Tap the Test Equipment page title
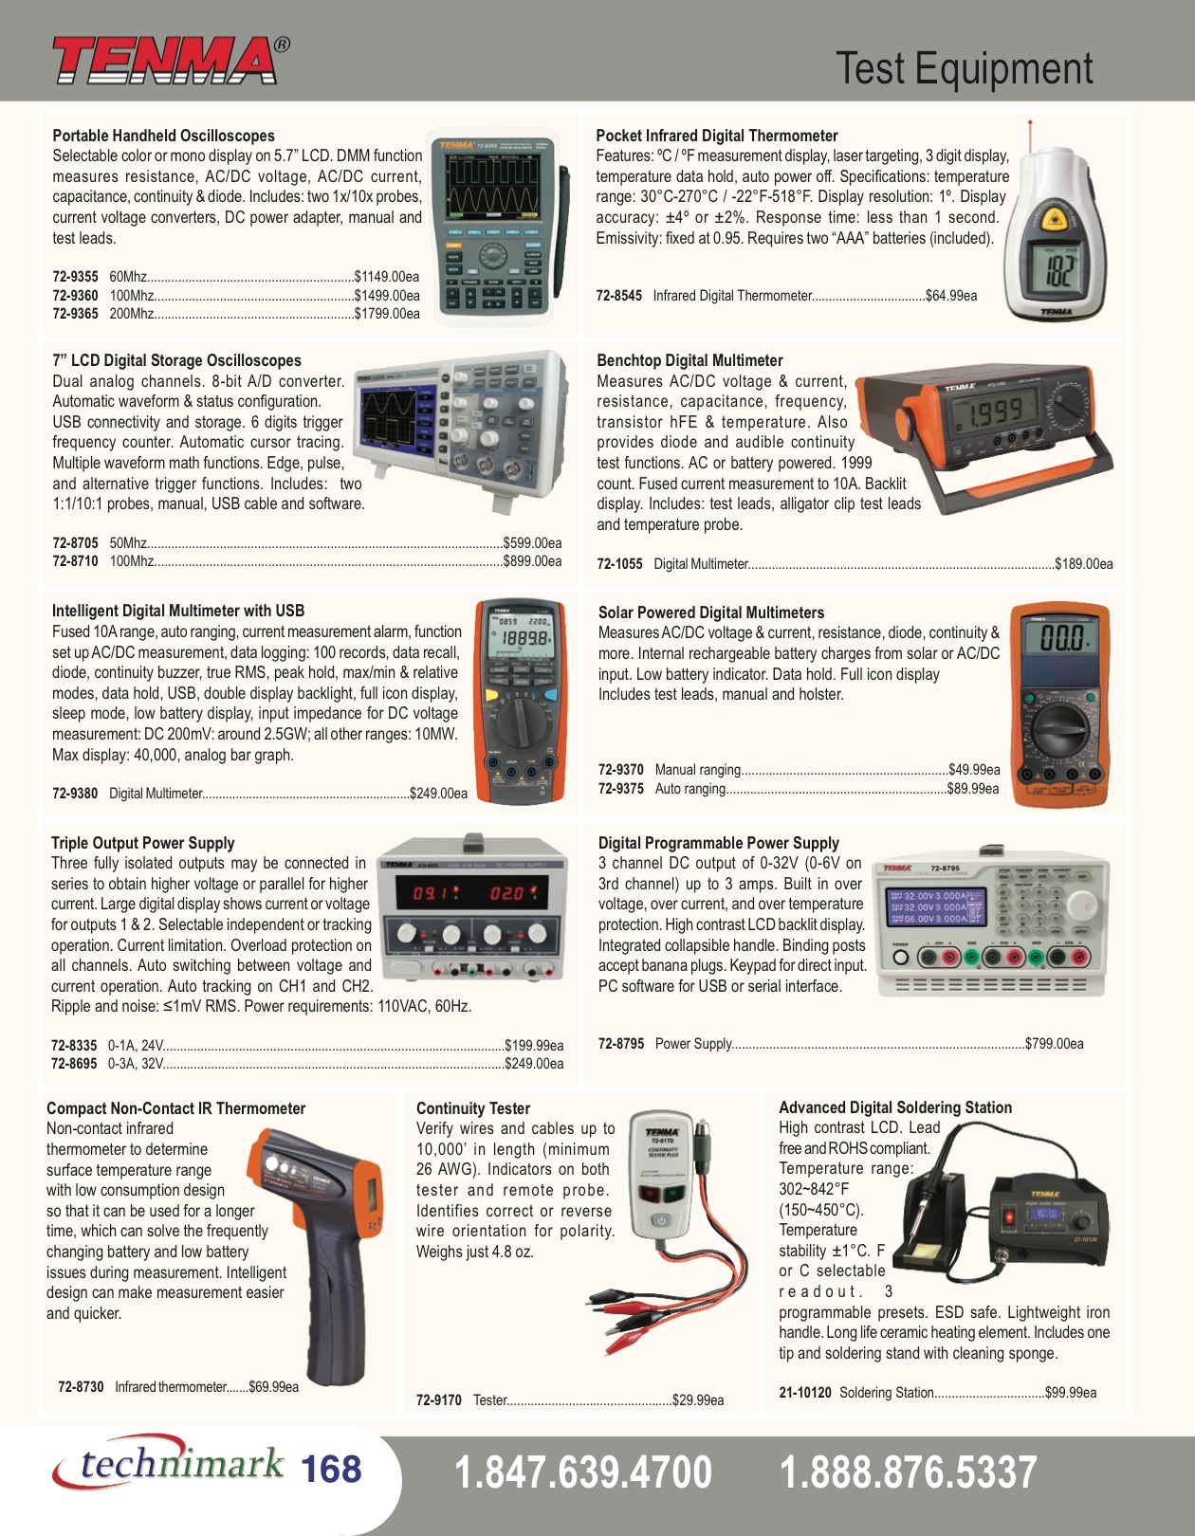point(964,68)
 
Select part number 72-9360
point(75,295)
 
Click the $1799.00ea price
point(387,314)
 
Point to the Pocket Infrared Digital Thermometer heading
point(716,136)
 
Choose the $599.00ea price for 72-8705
point(532,543)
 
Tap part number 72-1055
point(619,564)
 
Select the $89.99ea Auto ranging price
point(973,789)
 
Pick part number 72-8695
point(74,1064)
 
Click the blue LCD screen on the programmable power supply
point(935,907)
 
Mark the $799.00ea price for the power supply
point(1055,1044)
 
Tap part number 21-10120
point(804,1393)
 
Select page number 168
point(332,1470)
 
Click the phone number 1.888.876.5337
point(908,1472)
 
